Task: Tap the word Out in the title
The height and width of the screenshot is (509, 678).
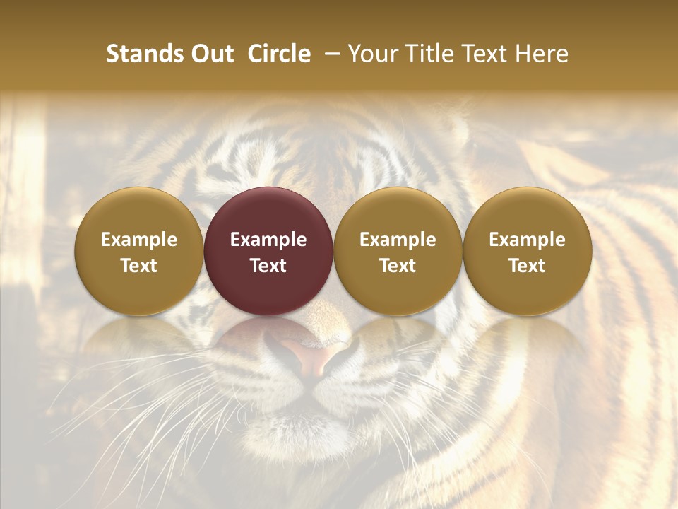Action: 210,54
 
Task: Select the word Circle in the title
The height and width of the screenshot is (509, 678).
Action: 279,54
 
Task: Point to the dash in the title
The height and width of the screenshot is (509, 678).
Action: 332,54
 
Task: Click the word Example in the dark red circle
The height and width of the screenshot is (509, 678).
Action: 268,240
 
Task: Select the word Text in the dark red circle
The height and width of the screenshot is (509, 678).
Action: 268,266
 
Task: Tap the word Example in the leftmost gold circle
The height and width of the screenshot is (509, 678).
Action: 139,240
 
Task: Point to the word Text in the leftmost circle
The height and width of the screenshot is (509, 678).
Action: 139,266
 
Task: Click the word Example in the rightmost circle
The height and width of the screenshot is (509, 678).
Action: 528,240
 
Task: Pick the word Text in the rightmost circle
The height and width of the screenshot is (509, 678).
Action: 528,266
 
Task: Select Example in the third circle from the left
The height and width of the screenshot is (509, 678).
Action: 398,240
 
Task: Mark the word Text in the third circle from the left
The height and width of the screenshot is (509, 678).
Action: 398,266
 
